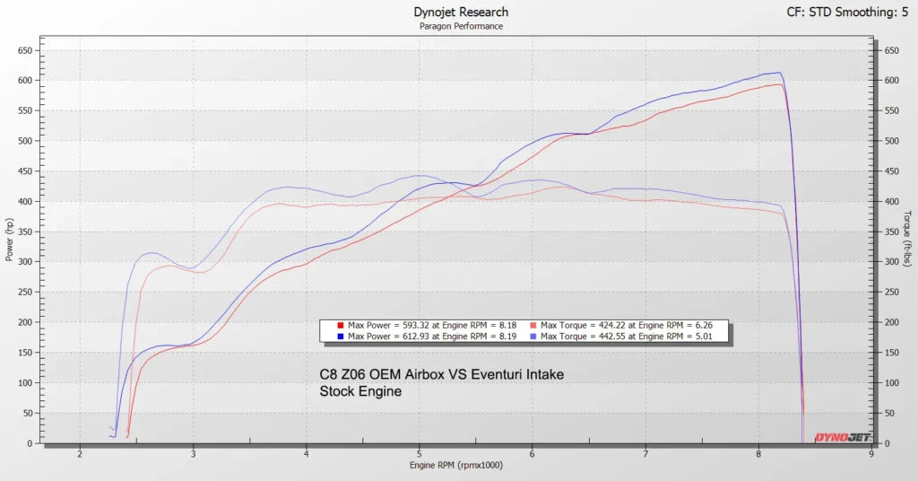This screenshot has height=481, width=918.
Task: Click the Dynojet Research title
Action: (x=461, y=12)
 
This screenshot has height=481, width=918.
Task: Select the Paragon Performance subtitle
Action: (x=461, y=26)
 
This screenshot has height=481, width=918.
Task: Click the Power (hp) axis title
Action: (x=9, y=242)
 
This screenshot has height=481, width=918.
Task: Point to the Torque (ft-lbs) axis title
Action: (x=908, y=242)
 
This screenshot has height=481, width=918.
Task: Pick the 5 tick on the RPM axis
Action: (x=419, y=454)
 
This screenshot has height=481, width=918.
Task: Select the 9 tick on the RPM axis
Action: (x=871, y=454)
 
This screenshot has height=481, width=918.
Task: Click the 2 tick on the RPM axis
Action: (x=80, y=454)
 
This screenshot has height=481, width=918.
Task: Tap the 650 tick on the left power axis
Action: (x=27, y=50)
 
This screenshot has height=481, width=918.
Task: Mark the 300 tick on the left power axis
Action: (x=27, y=262)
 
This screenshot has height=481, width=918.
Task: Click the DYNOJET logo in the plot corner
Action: (x=842, y=437)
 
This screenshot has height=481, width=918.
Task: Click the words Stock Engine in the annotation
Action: (x=360, y=391)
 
